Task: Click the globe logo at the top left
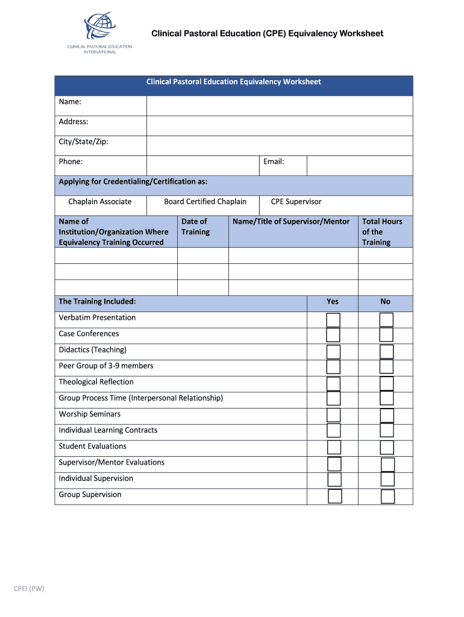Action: pos(99,27)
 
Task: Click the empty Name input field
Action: pos(279,105)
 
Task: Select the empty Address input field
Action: pos(279,125)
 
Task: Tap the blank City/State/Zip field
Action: pos(279,146)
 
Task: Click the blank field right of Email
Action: pos(359,166)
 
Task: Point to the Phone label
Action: pos(71,161)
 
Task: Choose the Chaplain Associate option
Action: pos(100,202)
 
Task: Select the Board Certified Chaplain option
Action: pos(205,202)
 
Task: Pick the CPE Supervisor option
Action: pos(296,202)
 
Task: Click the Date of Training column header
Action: pos(195,227)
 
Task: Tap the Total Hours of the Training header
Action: pos(382,231)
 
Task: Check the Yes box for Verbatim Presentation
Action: pos(333,320)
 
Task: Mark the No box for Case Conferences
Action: pos(386,334)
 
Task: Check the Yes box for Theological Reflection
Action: pos(333,384)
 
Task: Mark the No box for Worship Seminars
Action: pos(387,416)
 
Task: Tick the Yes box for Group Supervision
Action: pos(334,496)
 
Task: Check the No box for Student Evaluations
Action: pos(387,447)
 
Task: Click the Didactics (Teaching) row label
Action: pos(92,349)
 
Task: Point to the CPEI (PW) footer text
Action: pos(29,589)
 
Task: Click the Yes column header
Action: pos(333,301)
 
